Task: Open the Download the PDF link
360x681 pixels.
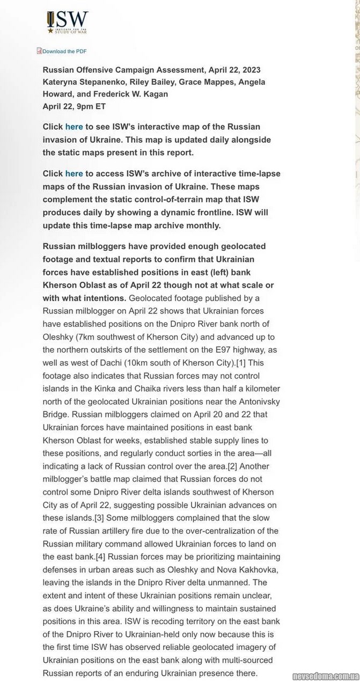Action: [64, 52]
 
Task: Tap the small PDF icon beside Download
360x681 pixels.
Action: [39, 51]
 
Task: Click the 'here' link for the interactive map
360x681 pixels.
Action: [74, 127]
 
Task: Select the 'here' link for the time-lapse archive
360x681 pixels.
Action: [74, 173]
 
